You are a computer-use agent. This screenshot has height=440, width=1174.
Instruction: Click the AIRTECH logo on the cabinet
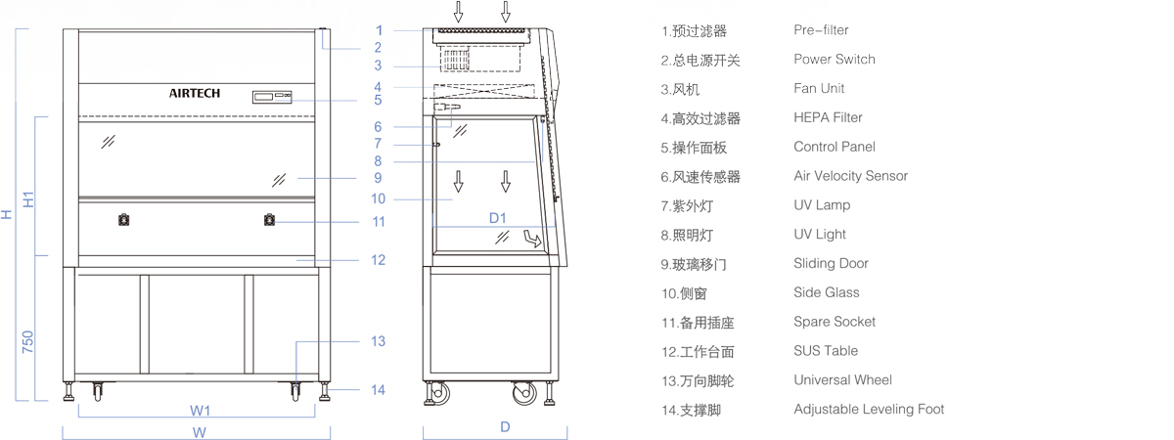coord(195,94)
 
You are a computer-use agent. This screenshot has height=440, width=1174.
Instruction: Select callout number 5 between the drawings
coord(378,100)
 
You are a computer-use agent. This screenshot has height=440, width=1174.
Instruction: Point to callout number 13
coord(378,341)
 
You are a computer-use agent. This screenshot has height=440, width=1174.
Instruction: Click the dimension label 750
coord(28,343)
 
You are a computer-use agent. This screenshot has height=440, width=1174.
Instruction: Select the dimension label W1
coord(201,410)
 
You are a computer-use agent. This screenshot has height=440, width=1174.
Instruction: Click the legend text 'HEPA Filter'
coord(828,117)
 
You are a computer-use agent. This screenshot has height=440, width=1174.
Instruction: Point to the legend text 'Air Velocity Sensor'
coord(850,176)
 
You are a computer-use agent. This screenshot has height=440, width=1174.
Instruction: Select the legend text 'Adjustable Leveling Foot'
coord(869,409)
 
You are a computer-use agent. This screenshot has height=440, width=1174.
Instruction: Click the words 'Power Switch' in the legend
coord(835,60)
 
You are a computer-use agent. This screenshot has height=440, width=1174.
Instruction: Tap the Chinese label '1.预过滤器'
coord(694,31)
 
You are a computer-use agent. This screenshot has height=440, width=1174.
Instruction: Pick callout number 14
coord(378,389)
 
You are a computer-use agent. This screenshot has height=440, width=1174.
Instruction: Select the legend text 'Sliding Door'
coord(831,263)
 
